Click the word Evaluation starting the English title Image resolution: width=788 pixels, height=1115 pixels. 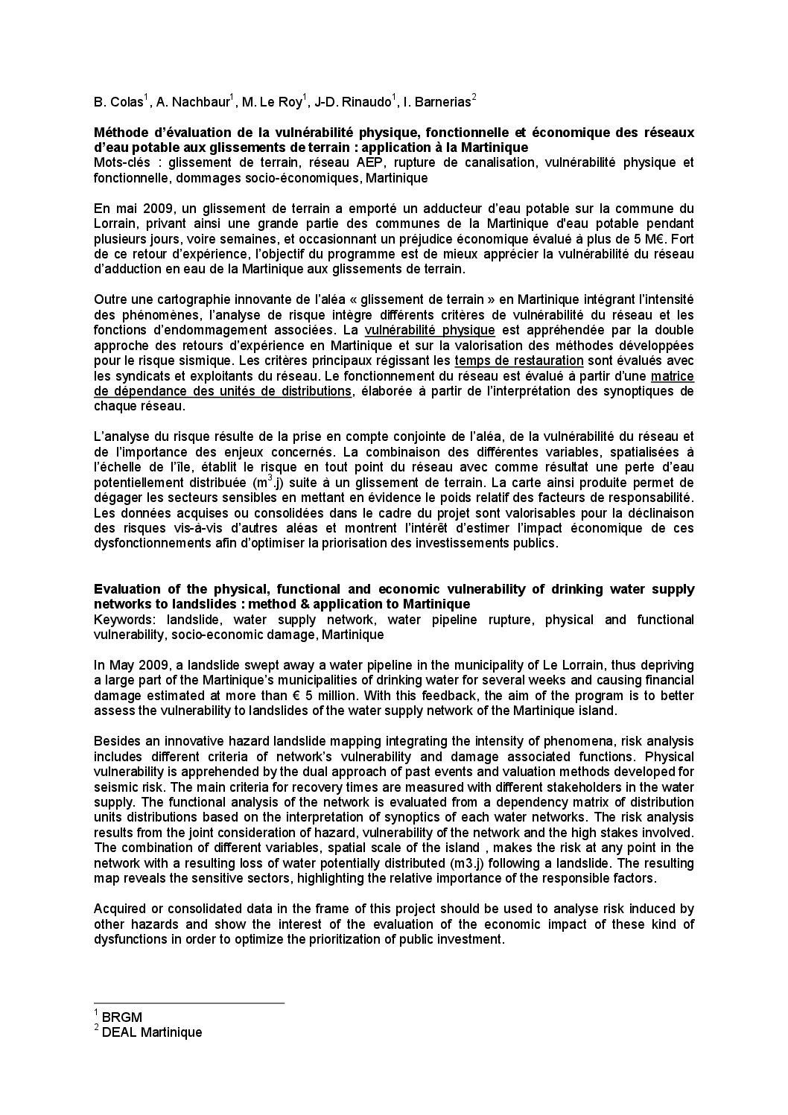(124, 589)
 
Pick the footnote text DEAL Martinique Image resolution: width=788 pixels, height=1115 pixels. (152, 1032)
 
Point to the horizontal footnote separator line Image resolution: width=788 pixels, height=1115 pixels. (189, 1003)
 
